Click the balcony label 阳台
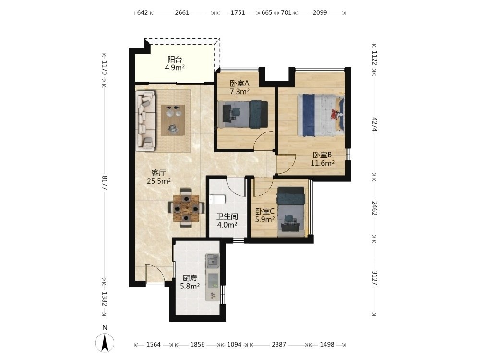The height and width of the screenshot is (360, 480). (x=175, y=60)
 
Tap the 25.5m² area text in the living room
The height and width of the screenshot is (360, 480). (x=158, y=181)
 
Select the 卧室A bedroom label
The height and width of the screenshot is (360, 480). (x=240, y=83)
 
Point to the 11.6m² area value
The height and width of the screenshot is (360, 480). (x=323, y=163)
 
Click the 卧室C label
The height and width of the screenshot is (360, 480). (x=265, y=211)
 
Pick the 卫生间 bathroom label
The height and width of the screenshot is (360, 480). (x=227, y=217)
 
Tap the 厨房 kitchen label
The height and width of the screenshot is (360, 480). (x=190, y=278)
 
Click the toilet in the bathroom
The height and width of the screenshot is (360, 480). (x=217, y=200)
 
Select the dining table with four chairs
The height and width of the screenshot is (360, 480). (x=186, y=208)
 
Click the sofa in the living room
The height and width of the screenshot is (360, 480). (x=146, y=120)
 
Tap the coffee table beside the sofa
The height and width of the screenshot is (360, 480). (x=173, y=120)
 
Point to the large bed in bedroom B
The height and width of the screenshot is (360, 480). (x=321, y=115)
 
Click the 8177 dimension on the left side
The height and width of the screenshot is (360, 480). (x=104, y=182)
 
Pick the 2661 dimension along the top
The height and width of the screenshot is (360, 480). (x=182, y=13)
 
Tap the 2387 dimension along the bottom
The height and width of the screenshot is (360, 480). (x=279, y=344)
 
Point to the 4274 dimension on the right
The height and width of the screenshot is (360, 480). (x=374, y=124)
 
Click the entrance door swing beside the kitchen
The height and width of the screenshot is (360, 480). (x=155, y=274)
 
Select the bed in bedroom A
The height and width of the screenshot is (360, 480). (x=243, y=114)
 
